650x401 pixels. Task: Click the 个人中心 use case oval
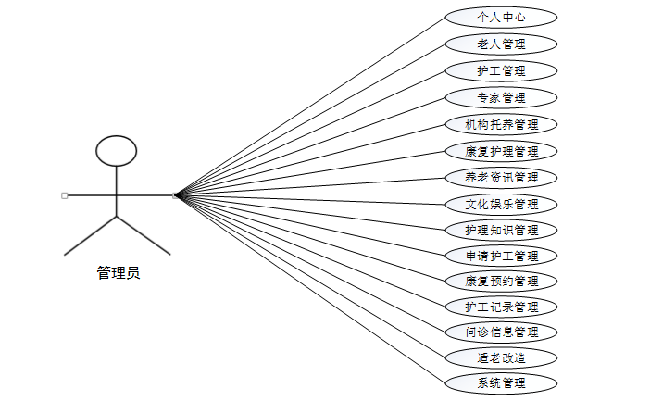(x=501, y=17)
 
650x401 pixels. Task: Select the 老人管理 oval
(x=501, y=44)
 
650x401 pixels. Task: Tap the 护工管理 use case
(x=501, y=70)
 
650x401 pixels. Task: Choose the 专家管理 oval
(x=501, y=97)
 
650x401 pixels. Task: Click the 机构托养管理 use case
(x=501, y=124)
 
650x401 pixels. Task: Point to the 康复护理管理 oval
(x=501, y=150)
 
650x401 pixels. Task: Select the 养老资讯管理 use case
(x=501, y=177)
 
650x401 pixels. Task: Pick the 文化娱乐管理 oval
(x=501, y=204)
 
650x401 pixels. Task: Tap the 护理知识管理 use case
(x=501, y=230)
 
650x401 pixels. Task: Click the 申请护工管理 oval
(x=501, y=256)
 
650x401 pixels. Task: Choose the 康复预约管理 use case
(x=501, y=281)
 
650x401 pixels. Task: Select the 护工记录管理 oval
(x=501, y=307)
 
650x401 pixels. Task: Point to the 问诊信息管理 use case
(x=501, y=332)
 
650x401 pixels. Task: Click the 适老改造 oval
(x=501, y=357)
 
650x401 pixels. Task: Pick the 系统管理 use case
(x=501, y=382)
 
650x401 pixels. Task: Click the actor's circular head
(x=117, y=150)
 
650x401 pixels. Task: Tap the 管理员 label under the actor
(x=118, y=273)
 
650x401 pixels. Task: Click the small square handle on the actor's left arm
(x=64, y=195)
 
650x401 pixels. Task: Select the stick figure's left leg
(x=90, y=235)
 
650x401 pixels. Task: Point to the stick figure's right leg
(x=144, y=235)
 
